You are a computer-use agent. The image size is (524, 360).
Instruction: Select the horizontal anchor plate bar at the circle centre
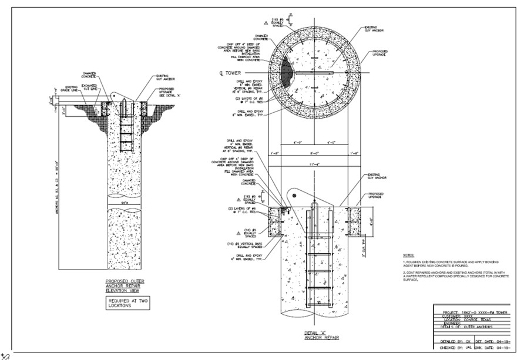(314, 73)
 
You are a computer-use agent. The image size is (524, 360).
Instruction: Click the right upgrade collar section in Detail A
(357, 222)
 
